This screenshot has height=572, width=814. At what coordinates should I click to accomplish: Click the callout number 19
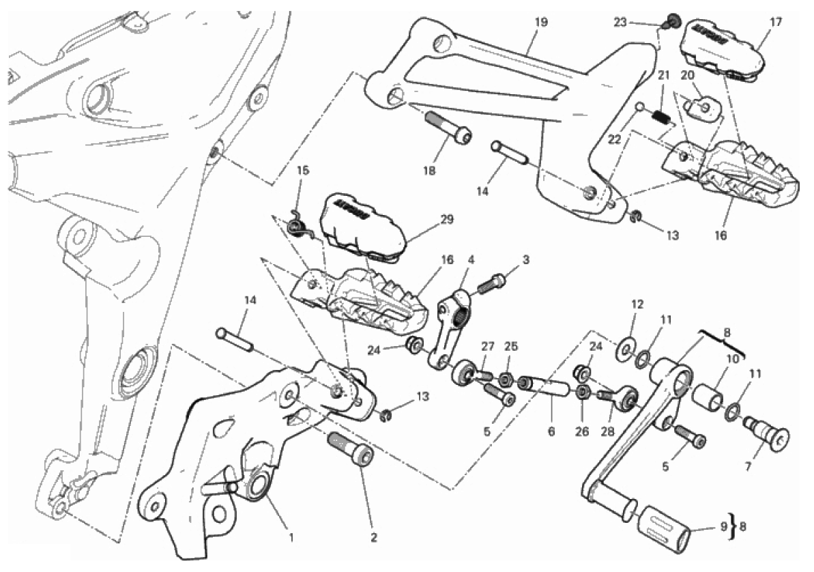540,23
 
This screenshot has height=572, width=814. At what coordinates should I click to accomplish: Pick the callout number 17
776,21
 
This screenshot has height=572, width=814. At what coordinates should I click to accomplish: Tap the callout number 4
470,259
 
